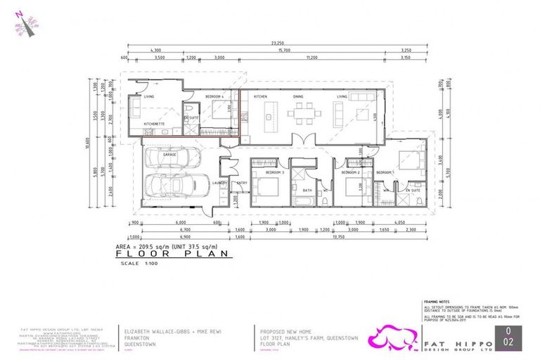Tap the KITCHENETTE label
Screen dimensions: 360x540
154,124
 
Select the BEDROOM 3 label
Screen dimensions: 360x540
264,172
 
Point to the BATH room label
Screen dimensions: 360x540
307,189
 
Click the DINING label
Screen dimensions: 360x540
298,96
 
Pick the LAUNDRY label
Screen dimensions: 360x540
221,183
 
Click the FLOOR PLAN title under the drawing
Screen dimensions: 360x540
172,255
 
